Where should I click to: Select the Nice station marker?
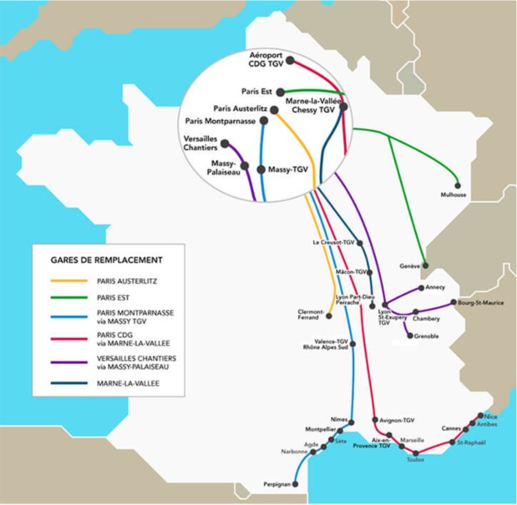pos(479,415)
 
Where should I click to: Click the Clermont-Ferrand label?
pos(312,315)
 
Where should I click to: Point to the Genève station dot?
pos(425,266)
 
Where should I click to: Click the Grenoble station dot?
pos(408,336)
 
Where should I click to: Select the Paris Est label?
pos(257,92)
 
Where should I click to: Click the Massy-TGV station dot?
pos(261,169)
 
